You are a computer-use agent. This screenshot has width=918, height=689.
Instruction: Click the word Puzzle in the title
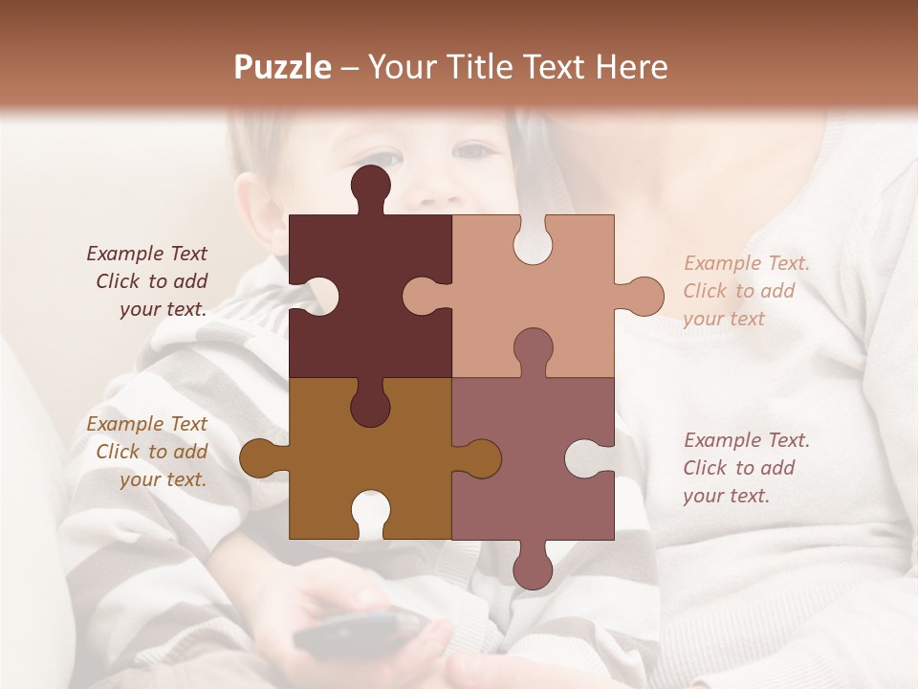282,67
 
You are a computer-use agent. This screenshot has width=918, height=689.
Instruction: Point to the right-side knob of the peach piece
643,296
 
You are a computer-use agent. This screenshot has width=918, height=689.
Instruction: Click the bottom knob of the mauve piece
533,567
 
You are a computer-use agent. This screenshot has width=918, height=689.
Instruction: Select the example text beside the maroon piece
148,281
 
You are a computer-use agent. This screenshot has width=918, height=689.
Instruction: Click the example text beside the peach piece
746,291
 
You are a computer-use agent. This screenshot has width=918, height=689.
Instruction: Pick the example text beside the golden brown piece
148,452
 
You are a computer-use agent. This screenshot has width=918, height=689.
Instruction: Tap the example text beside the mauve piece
746,468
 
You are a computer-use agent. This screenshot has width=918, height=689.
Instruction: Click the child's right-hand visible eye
475,150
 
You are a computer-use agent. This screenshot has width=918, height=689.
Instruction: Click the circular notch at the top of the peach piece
533,240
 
